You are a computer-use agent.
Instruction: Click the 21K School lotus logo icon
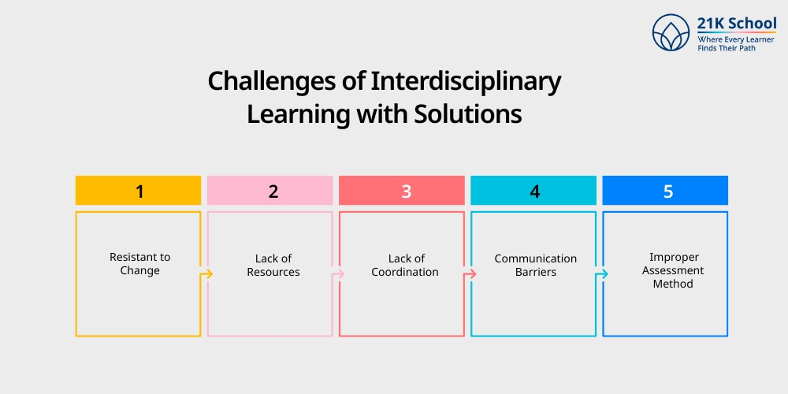tap(671, 33)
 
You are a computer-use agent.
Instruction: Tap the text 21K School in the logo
tap(736, 23)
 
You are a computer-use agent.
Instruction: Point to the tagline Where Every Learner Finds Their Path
tap(736, 43)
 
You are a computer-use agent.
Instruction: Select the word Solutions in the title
tap(467, 113)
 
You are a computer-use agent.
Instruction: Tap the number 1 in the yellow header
tap(139, 191)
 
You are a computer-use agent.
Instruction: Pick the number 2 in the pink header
tap(273, 191)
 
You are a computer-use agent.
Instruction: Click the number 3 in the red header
tap(406, 191)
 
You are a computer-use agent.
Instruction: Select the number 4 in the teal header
tap(535, 191)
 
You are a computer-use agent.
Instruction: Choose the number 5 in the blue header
tap(667, 191)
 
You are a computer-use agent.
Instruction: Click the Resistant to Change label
tap(139, 264)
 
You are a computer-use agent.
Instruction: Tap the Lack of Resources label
tap(273, 265)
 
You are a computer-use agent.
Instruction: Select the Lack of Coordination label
tap(406, 265)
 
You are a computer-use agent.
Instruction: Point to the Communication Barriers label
tap(535, 265)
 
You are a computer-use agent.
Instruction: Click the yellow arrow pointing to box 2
tap(208, 274)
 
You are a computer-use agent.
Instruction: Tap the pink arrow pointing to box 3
tap(340, 274)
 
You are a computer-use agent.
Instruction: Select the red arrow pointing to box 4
tap(471, 274)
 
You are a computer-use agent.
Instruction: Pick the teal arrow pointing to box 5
tap(603, 274)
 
